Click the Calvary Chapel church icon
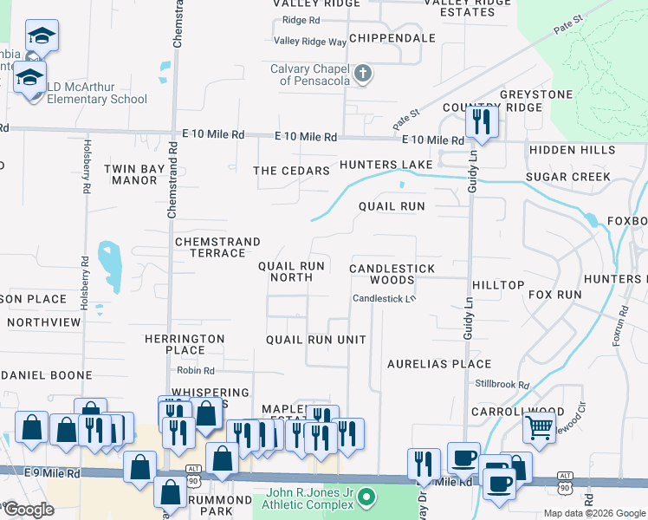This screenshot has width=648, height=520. (x=364, y=75)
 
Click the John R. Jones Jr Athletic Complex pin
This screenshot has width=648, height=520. (x=366, y=497)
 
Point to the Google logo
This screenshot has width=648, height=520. (x=29, y=509)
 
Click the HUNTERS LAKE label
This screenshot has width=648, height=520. (x=386, y=165)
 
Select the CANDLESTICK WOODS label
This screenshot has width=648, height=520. (x=392, y=274)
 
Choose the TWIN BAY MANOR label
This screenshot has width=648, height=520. (x=131, y=174)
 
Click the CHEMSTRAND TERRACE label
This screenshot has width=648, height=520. (x=211, y=247)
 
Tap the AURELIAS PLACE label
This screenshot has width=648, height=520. (x=439, y=364)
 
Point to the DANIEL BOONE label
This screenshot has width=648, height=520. (x=49, y=375)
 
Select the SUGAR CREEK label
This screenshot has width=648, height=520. (x=568, y=177)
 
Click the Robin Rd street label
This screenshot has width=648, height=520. (x=189, y=370)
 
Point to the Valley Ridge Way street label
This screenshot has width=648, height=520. (x=310, y=42)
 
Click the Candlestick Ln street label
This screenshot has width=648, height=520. (x=385, y=299)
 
